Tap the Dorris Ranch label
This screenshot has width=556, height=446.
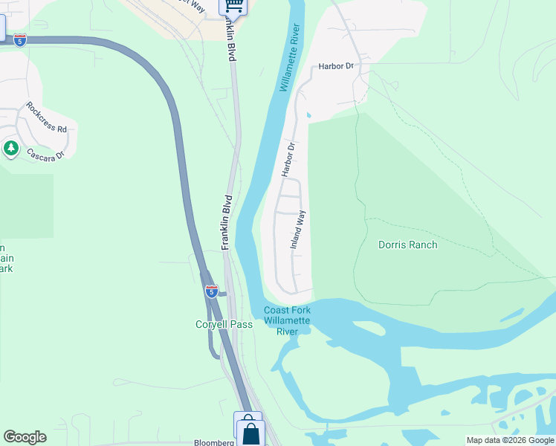click(x=407, y=245)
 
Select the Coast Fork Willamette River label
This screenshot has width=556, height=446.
click(x=287, y=321)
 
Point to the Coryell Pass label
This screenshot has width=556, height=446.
click(x=224, y=324)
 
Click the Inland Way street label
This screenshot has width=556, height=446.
click(x=298, y=229)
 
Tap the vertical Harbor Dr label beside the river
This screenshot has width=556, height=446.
click(x=288, y=159)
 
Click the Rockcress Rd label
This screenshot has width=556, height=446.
click(x=46, y=117)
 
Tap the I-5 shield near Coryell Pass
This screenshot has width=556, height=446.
click(x=211, y=291)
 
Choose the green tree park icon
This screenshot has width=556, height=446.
click(x=10, y=148)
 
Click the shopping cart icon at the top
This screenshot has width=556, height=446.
click(x=233, y=6)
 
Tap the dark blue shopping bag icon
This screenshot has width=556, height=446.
click(x=251, y=433)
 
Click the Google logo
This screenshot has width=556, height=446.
click(x=25, y=437)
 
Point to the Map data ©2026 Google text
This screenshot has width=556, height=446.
click(x=509, y=440)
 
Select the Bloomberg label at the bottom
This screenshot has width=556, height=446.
click(x=214, y=442)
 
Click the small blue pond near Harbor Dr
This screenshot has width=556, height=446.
click(x=308, y=116)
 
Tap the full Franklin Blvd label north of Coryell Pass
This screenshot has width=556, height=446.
click(x=228, y=222)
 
